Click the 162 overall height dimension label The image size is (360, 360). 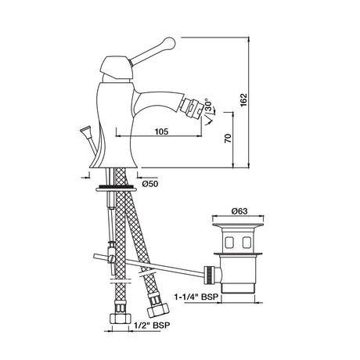point(243,99)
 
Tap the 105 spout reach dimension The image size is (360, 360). point(161,131)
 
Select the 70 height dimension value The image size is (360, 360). point(228,138)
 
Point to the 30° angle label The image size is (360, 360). point(209,106)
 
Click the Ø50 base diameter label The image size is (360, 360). point(150,184)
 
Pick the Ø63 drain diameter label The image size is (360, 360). point(239,211)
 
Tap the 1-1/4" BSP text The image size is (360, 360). point(196,297)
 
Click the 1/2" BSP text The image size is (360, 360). point(152,325)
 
